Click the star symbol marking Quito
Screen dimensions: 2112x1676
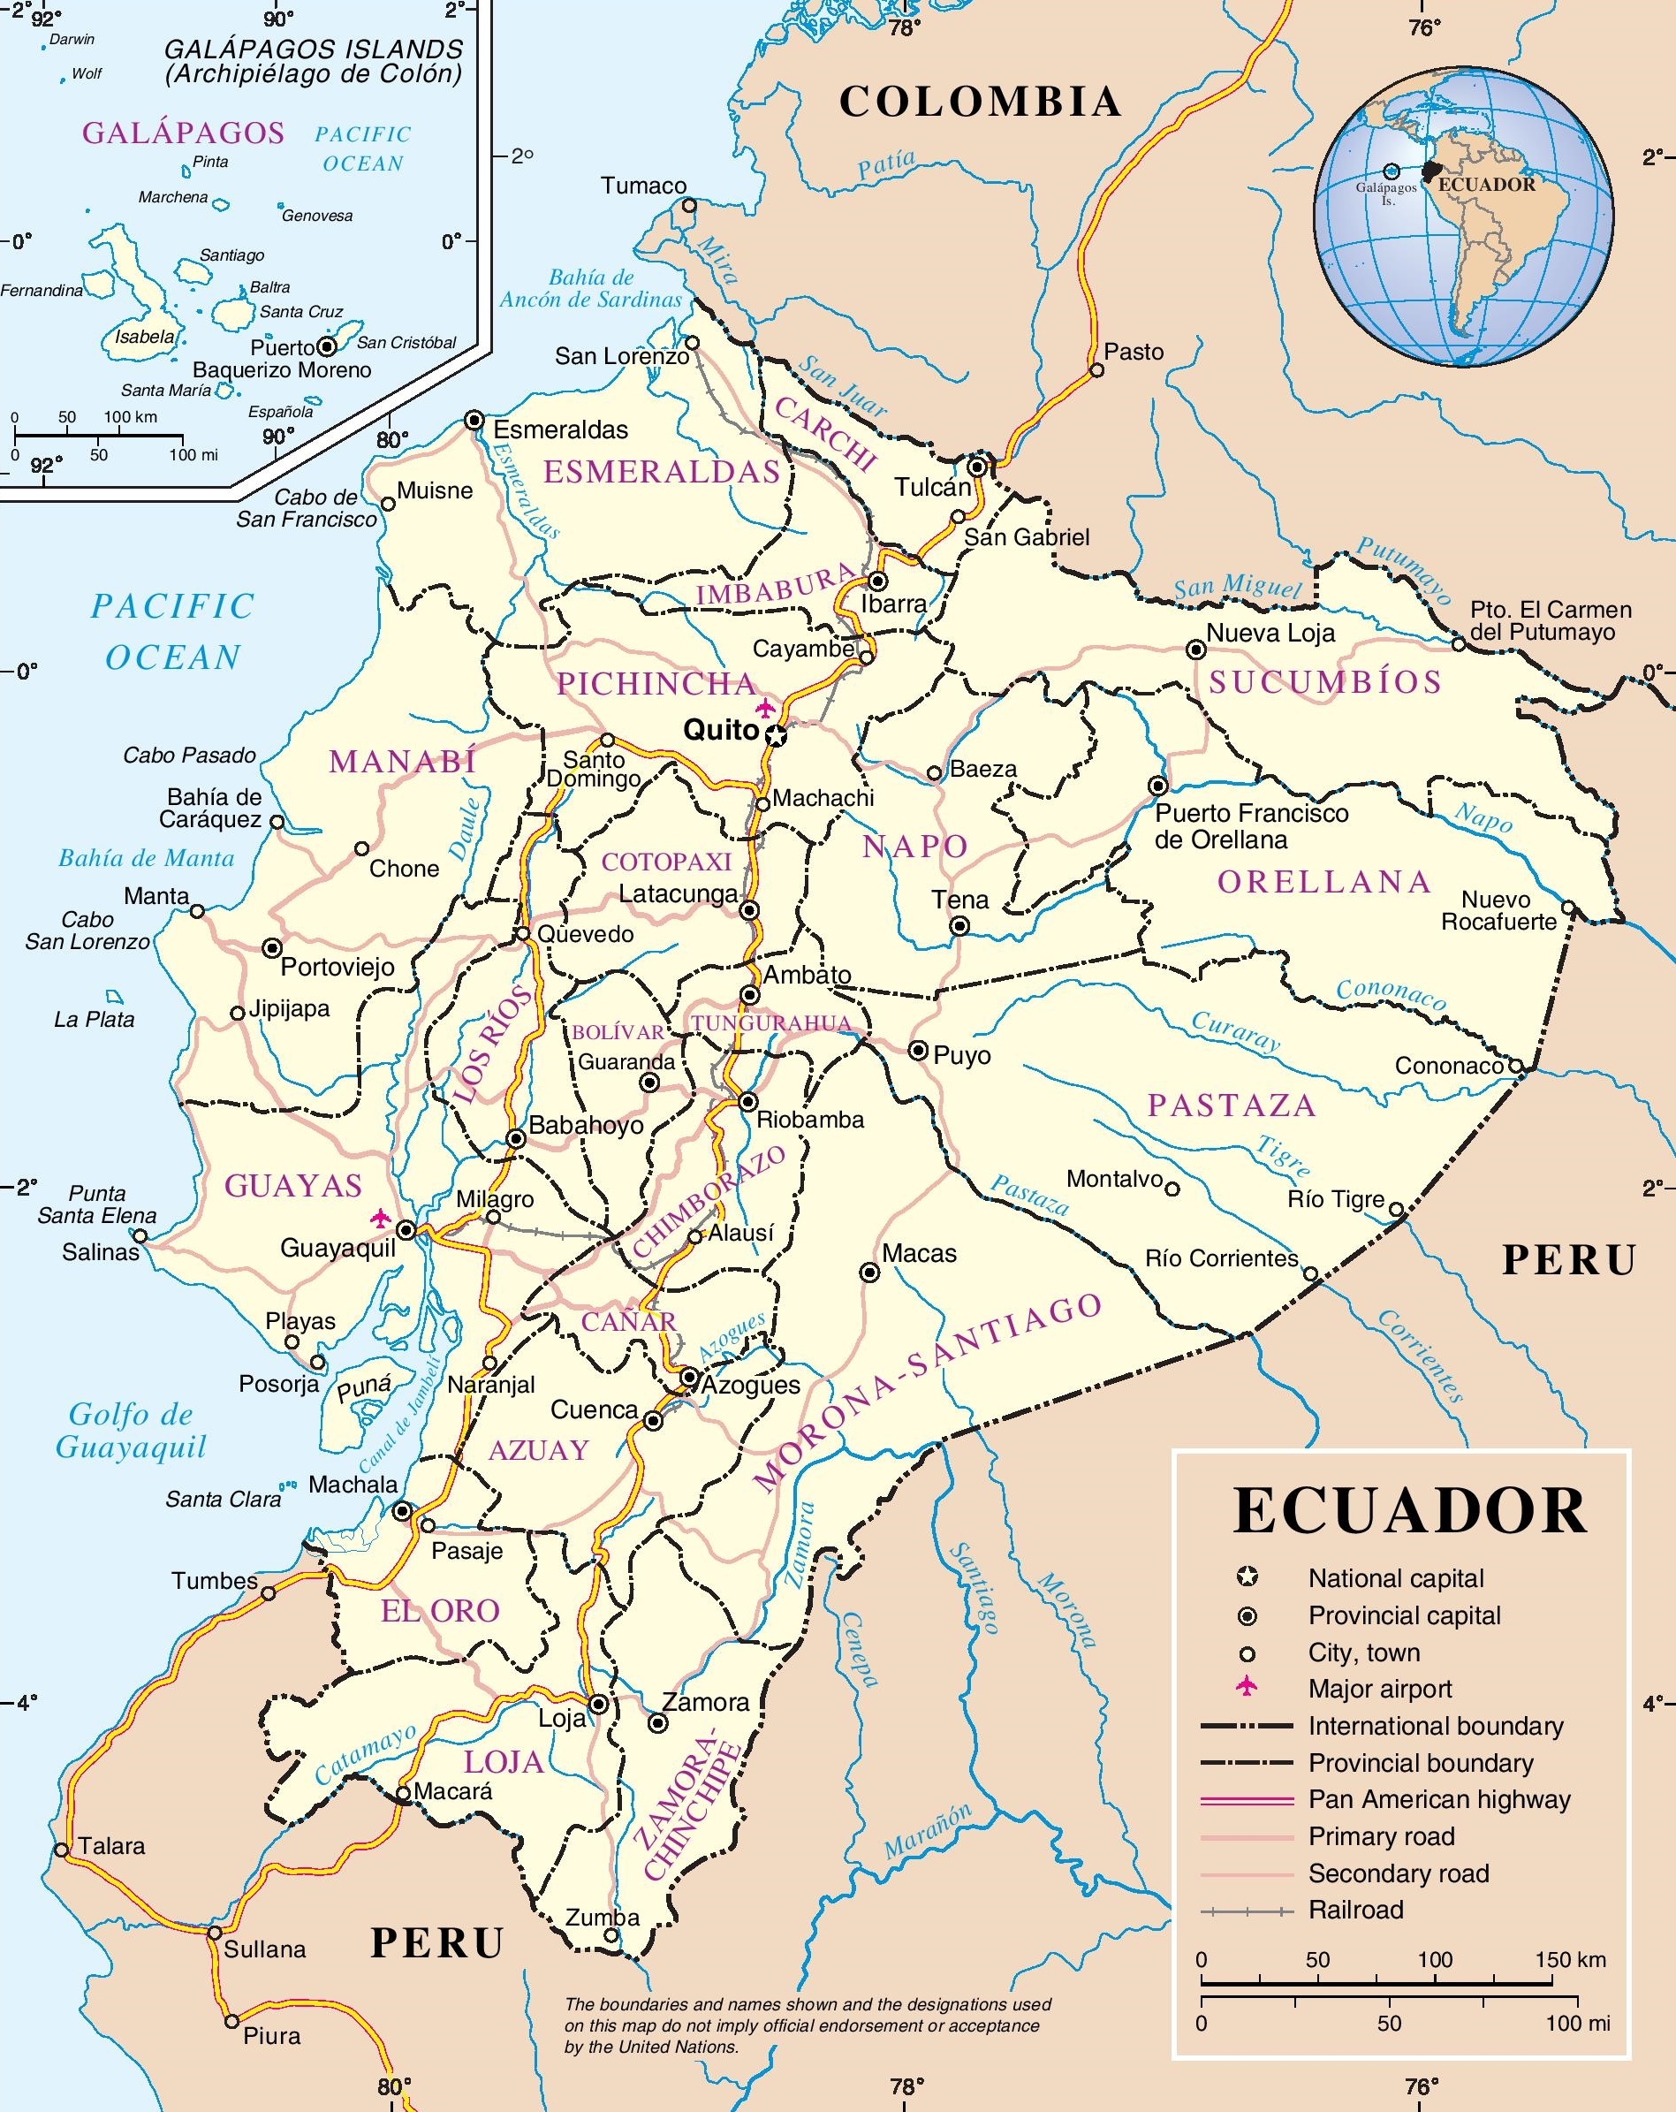click(x=776, y=736)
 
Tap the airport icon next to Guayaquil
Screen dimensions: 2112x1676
click(x=380, y=1219)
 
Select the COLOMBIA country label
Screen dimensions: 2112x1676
click(x=980, y=102)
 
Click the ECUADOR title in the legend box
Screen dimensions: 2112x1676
click(x=1409, y=1510)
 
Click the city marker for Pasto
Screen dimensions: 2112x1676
click(x=1097, y=370)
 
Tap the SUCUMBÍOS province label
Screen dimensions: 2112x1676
click(x=1324, y=682)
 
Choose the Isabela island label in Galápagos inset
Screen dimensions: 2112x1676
click(x=144, y=337)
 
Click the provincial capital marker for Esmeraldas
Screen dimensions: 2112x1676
click(x=474, y=421)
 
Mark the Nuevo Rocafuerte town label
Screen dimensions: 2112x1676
click(x=1499, y=910)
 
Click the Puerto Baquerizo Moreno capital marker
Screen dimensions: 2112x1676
click(x=328, y=346)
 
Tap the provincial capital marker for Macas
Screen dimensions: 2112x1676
click(x=868, y=1273)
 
